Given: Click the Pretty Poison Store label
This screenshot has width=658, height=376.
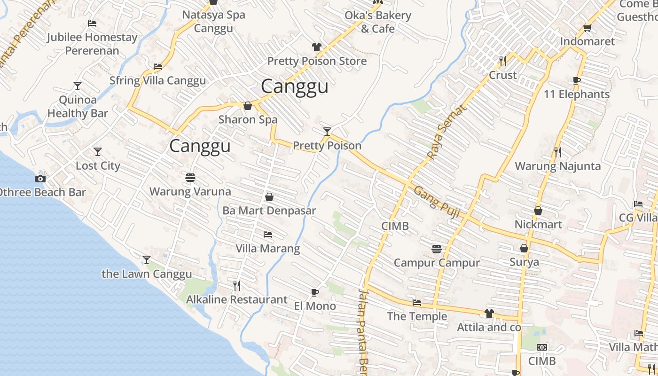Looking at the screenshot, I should (x=317, y=61).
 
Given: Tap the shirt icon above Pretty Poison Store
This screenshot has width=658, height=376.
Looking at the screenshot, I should (x=317, y=47).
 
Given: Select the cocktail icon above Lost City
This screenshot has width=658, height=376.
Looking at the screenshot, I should (x=98, y=152).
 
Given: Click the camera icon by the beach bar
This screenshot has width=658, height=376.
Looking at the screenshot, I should (x=40, y=179).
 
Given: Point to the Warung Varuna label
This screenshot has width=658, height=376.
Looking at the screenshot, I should (x=190, y=192).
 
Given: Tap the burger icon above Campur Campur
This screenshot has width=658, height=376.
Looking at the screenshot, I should (x=437, y=249).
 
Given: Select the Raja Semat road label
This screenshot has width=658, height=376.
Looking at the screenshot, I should (x=447, y=131).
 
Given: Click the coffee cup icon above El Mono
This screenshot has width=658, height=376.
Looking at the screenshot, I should (x=315, y=293).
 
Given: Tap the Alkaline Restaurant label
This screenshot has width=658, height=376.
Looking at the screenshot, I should (x=236, y=299).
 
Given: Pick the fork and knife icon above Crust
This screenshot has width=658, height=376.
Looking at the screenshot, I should (x=503, y=61).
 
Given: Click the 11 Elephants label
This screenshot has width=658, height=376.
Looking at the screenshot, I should (x=576, y=94).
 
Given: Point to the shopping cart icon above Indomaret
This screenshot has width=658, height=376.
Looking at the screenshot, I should (x=587, y=28).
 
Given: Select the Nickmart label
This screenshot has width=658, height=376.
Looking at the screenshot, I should (x=538, y=225).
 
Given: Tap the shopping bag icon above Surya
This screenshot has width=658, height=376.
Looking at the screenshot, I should (x=524, y=248).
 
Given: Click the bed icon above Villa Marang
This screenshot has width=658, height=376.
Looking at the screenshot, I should (x=268, y=234).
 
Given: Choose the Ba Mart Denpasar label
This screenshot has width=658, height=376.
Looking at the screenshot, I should (x=269, y=211).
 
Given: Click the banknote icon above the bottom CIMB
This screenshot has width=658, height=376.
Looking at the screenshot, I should (x=542, y=347).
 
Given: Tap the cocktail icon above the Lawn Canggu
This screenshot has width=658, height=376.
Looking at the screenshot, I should (x=147, y=260).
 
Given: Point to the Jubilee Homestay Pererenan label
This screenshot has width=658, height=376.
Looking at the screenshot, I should (x=92, y=44).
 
